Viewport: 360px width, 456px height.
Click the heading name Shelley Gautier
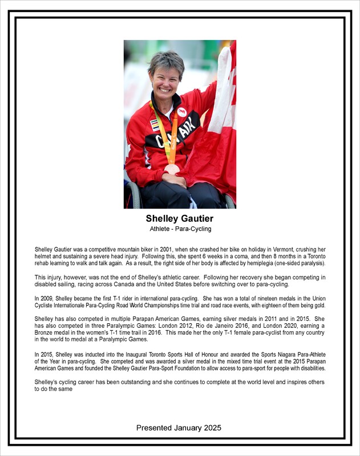click(x=180, y=218)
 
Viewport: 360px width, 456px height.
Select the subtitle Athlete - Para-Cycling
click(x=180, y=229)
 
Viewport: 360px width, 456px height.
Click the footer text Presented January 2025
click(x=180, y=427)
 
